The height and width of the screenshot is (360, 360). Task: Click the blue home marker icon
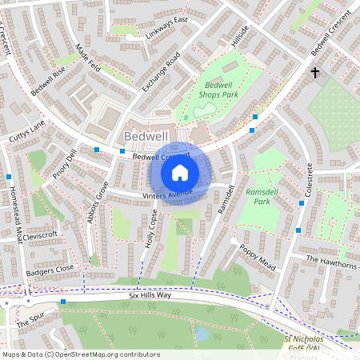[180, 172]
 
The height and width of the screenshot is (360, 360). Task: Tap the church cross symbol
[314, 73]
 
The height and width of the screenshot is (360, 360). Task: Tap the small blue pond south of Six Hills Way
[202, 332]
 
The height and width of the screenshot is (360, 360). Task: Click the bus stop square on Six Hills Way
[63, 302]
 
